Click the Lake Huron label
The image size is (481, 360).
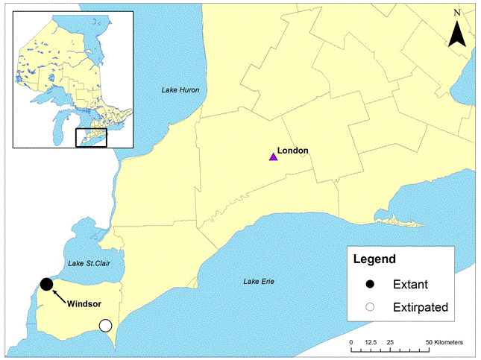(x=182, y=89)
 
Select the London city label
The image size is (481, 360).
(x=293, y=151)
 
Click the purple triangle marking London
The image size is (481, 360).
(x=274, y=157)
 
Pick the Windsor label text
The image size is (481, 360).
(x=84, y=304)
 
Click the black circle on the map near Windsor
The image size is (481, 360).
(x=46, y=284)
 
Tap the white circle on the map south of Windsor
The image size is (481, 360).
(x=105, y=326)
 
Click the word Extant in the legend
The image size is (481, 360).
(x=410, y=284)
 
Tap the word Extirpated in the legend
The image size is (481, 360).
(x=421, y=306)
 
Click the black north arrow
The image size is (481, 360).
(x=458, y=34)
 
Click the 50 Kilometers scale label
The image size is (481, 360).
(x=444, y=342)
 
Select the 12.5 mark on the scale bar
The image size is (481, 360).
(x=371, y=342)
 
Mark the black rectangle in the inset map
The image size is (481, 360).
(x=92, y=138)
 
